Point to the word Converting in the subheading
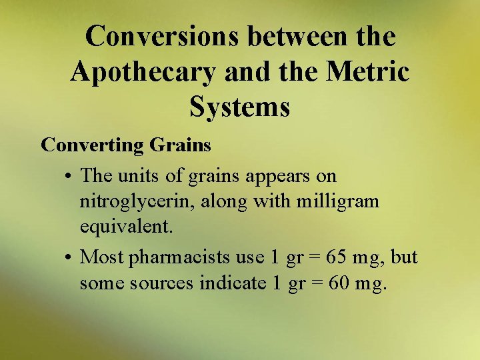click(93, 145)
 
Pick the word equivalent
click(126, 227)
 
